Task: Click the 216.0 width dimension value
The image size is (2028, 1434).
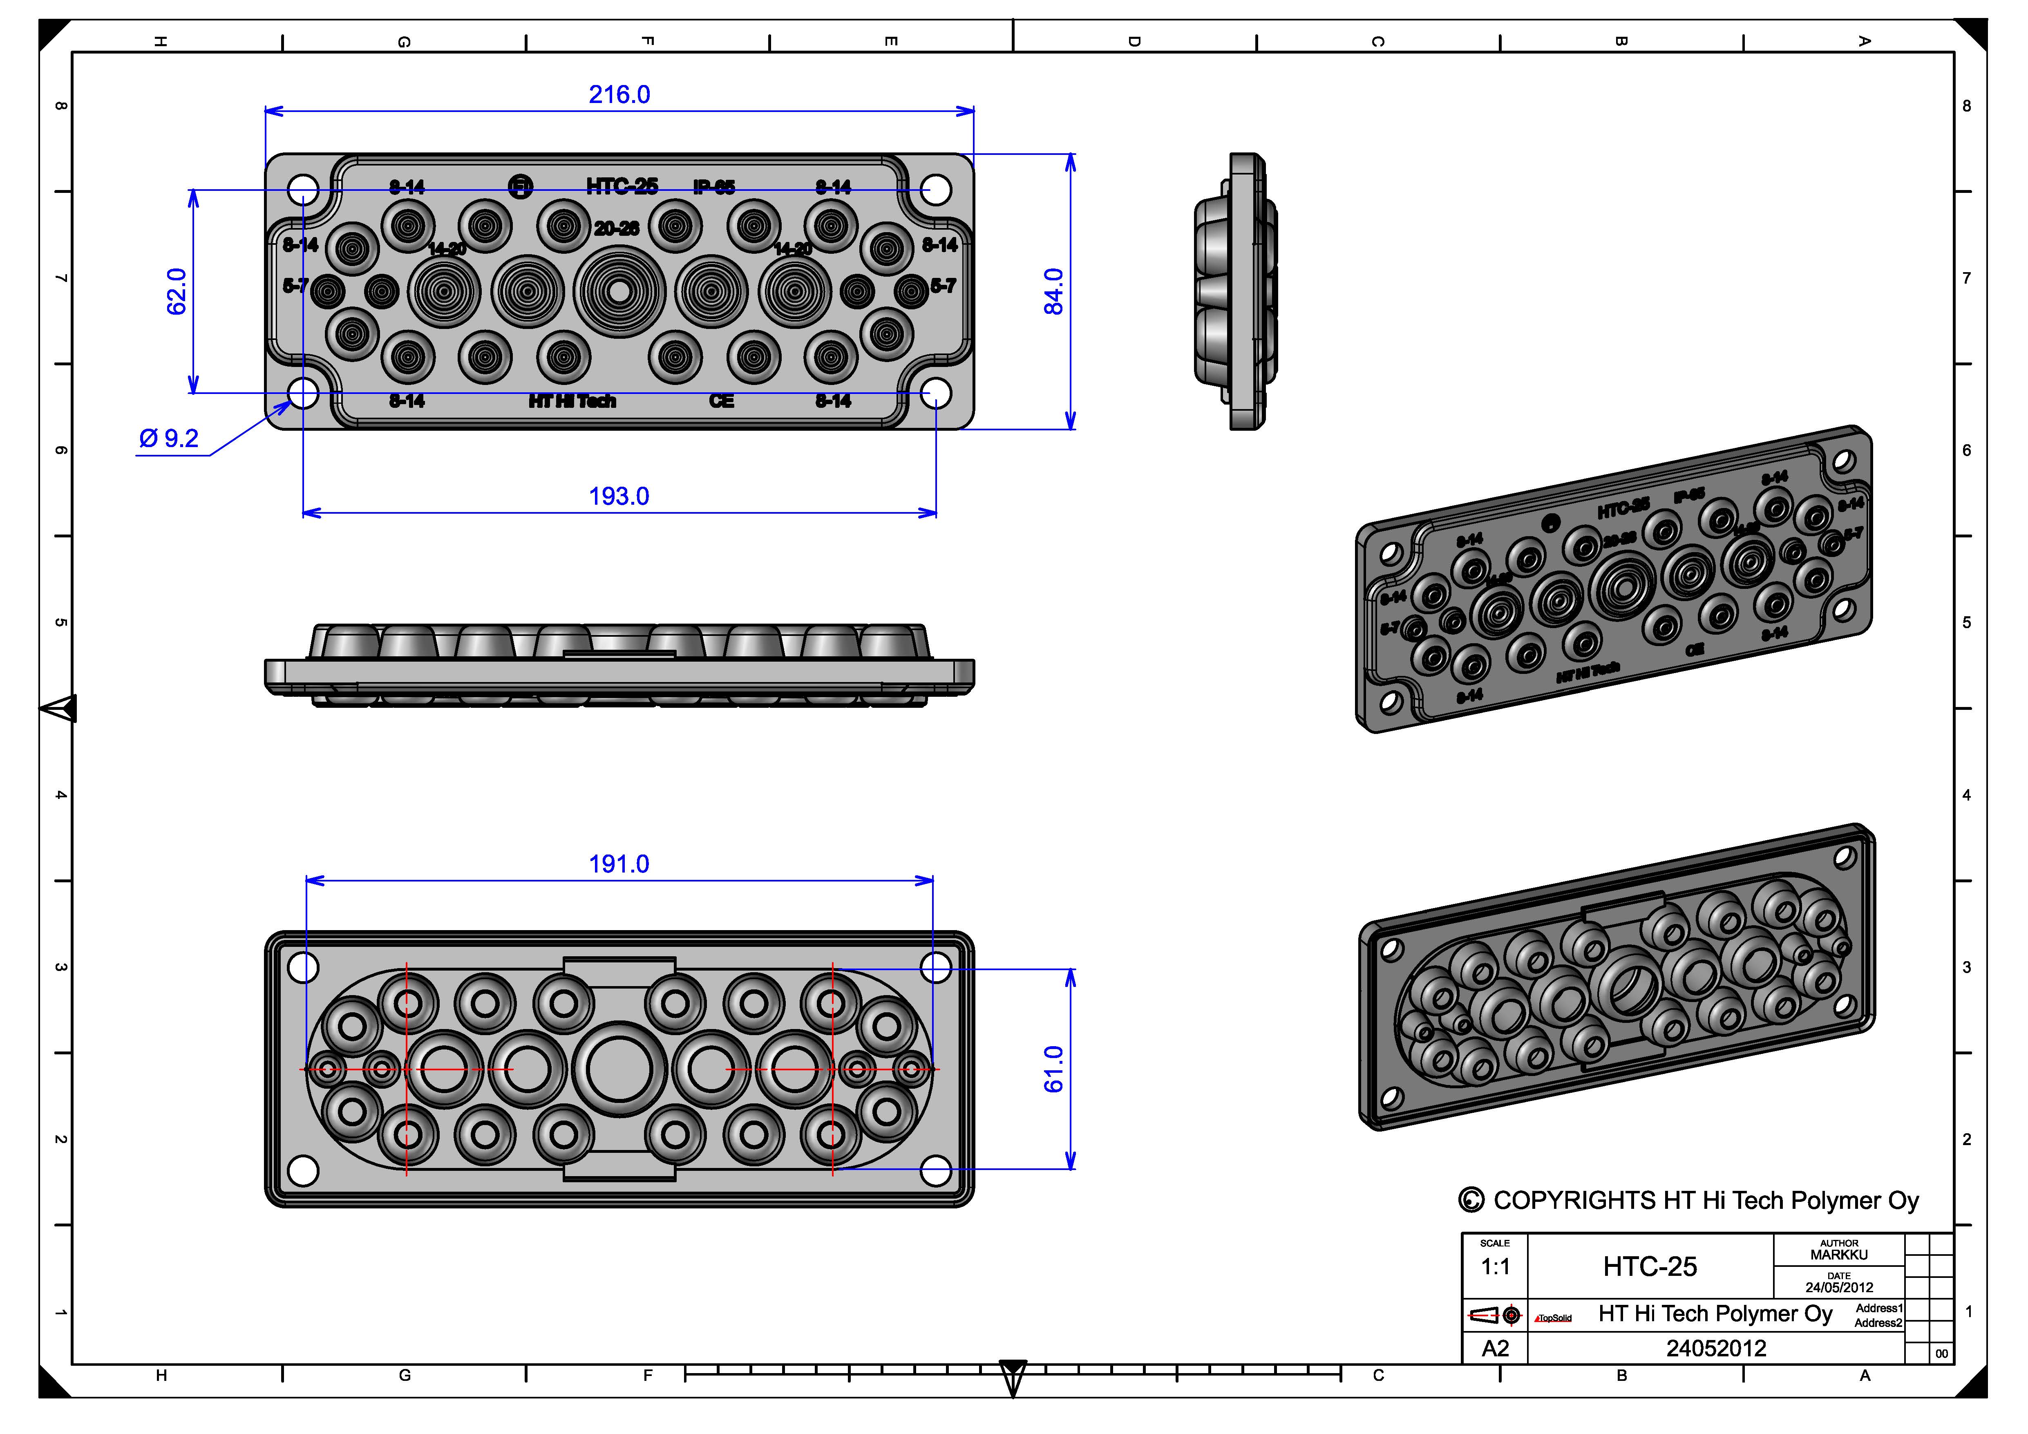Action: (619, 94)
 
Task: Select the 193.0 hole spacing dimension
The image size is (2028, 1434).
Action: (619, 497)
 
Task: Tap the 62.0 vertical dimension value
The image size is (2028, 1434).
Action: (177, 291)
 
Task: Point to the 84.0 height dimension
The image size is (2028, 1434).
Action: (1054, 291)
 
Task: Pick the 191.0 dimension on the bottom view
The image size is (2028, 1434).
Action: (619, 864)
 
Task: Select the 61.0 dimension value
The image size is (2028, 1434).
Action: (1054, 1069)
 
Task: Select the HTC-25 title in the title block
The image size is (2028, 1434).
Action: (1649, 1267)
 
